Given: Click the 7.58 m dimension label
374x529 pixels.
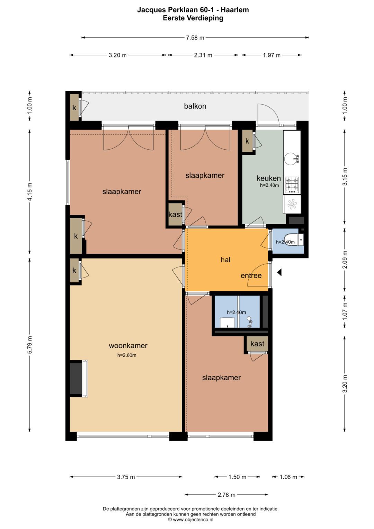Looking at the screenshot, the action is tap(195, 37).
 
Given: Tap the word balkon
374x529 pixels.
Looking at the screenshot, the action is tap(195, 106).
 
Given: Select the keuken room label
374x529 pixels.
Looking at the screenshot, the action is tap(269, 178).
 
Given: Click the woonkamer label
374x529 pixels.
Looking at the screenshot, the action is tap(128, 345).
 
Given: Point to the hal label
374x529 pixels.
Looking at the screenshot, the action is tap(225, 260).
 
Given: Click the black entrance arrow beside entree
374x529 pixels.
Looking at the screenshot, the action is tap(279, 273).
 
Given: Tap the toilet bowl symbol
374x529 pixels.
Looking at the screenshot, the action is tap(291, 240).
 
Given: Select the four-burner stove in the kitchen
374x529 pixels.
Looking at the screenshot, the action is tap(292, 184).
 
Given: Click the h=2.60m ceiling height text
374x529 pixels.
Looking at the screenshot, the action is tap(127, 355).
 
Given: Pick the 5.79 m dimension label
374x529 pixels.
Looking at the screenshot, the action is tap(30, 345).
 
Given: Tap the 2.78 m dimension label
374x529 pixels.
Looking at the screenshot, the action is tap(226, 495).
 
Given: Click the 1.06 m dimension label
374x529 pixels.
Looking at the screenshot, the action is tap(288, 477).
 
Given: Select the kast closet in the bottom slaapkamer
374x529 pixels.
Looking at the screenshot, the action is tap(257, 344).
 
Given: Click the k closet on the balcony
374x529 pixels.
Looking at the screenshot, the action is tap(74, 107).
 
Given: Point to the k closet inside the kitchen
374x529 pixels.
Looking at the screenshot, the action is tap(247, 141).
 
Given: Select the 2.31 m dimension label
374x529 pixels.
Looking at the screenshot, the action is tap(203, 55).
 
